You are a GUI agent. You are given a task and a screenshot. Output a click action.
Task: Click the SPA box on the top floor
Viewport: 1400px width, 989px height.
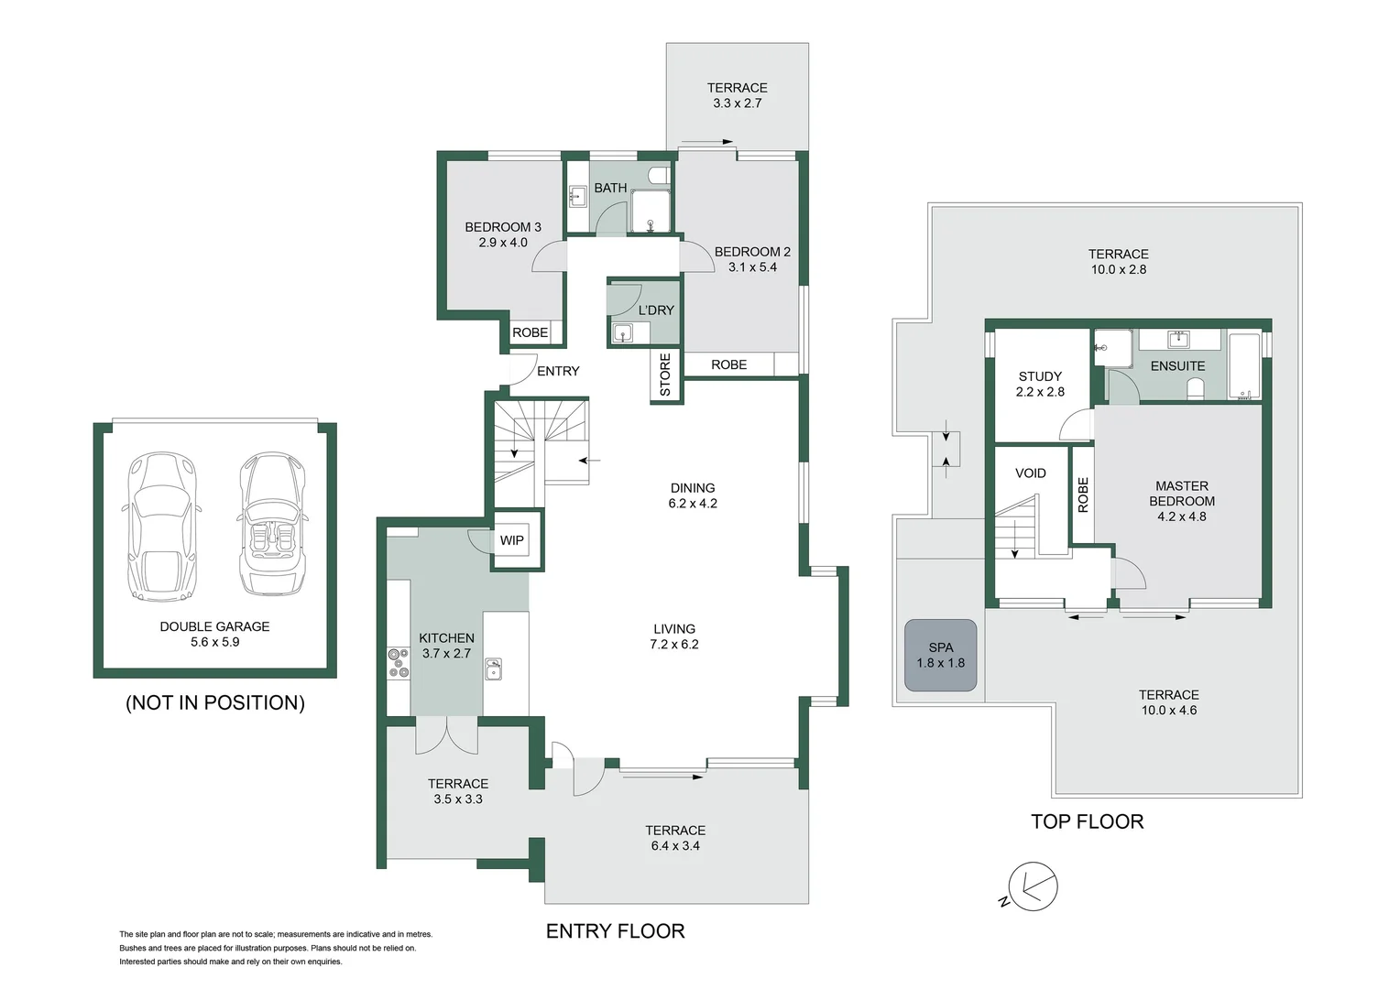pyautogui.click(x=941, y=655)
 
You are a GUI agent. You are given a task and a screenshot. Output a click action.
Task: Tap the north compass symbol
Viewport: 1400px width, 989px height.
pyautogui.click(x=1033, y=886)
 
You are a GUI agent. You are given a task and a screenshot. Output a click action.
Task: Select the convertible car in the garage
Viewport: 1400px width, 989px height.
pyautogui.click(x=272, y=523)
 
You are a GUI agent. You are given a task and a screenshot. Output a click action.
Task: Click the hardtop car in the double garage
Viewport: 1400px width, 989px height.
pyautogui.click(x=160, y=527)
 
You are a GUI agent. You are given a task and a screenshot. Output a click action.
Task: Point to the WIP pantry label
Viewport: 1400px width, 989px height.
pyautogui.click(x=511, y=540)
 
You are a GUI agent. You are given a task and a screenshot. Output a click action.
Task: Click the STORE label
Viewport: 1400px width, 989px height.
pyautogui.click(x=665, y=375)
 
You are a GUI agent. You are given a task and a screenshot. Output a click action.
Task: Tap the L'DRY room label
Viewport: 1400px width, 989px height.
pyautogui.click(x=655, y=310)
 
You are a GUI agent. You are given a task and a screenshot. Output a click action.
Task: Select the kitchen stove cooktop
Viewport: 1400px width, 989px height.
pyautogui.click(x=399, y=663)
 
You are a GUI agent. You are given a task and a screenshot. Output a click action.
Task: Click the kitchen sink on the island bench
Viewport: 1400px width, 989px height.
pyautogui.click(x=493, y=669)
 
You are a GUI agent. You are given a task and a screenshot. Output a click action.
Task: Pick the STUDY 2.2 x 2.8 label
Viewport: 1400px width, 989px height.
pyautogui.click(x=1040, y=384)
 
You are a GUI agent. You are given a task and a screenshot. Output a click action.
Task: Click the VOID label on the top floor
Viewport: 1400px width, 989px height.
pyautogui.click(x=1030, y=473)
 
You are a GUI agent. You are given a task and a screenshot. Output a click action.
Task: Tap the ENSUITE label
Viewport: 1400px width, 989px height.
pyautogui.click(x=1177, y=365)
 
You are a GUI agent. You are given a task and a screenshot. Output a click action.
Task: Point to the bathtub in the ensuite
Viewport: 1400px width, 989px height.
pyautogui.click(x=1243, y=366)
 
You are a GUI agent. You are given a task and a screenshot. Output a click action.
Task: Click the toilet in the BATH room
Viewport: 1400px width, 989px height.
pyautogui.click(x=659, y=175)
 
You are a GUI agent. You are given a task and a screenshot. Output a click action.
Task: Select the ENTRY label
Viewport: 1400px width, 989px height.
pyautogui.click(x=558, y=371)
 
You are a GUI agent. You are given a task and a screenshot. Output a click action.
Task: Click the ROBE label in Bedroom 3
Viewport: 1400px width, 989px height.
pyautogui.click(x=530, y=332)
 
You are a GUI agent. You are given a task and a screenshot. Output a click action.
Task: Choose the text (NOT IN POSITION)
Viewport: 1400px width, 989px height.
pyautogui.click(x=215, y=702)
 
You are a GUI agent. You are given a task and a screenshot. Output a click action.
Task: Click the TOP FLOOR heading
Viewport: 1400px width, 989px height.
pyautogui.click(x=1087, y=821)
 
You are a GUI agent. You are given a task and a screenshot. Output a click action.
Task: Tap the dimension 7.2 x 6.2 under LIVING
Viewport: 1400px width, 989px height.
pyautogui.click(x=674, y=645)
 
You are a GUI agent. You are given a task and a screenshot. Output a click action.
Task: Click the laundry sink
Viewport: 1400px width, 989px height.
pyautogui.click(x=623, y=333)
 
